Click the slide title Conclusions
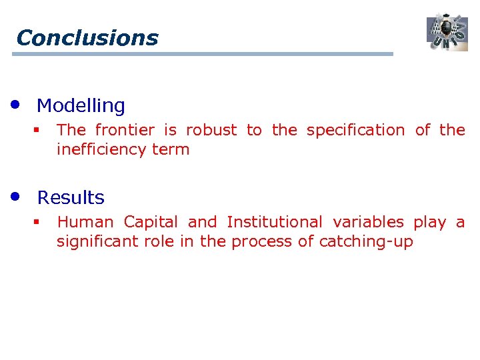87,37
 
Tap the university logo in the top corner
447,32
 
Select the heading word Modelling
81,105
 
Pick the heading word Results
71,197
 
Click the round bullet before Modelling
15,105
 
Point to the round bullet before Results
15,197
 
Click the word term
171,149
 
